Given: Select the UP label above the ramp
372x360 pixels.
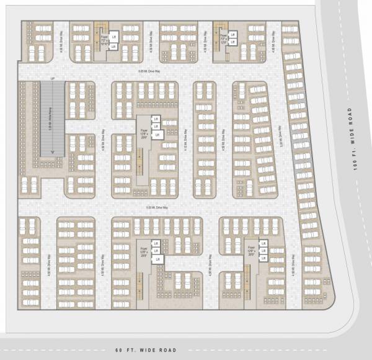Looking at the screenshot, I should (53, 79).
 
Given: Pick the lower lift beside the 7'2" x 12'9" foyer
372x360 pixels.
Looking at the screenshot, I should (233, 42).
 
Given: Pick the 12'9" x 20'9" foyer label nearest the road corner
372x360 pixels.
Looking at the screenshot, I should (251, 252).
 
